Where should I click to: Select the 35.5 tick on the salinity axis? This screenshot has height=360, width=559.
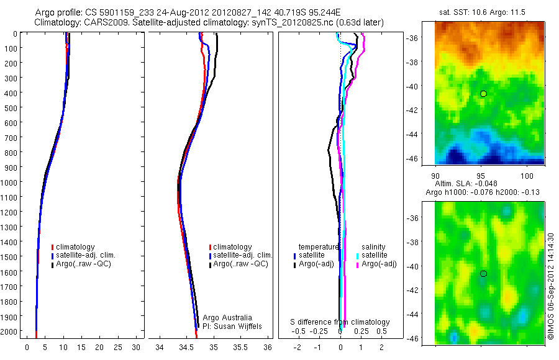tap(241, 347)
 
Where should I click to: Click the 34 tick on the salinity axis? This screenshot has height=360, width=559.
tap(160, 347)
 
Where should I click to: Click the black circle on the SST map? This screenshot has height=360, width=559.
tap(483, 94)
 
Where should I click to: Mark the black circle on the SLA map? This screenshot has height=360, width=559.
tap(483, 274)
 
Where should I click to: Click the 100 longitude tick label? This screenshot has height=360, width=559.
tap(527, 175)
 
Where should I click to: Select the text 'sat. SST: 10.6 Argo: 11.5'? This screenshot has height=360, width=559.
tap(489, 12)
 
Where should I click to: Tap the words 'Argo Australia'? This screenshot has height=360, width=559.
tap(227, 318)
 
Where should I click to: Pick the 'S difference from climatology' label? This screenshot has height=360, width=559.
tap(340, 322)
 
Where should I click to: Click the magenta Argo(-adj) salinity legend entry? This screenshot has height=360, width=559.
tap(376, 264)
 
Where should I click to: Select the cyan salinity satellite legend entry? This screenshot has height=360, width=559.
tap(373, 255)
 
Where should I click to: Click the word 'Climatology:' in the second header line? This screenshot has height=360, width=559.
tap(60, 22)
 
